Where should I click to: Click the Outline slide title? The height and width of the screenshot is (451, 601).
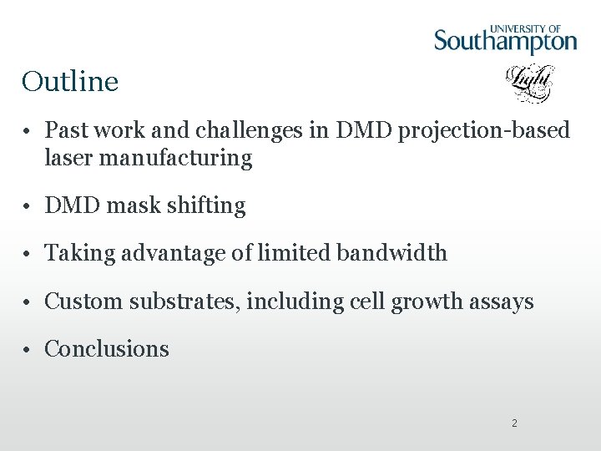pyautogui.click(x=70, y=82)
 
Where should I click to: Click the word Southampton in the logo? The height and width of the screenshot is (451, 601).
pyautogui.click(x=505, y=40)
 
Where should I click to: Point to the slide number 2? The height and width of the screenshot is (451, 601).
pyautogui.click(x=514, y=423)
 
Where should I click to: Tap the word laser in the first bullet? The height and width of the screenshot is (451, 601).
pyautogui.click(x=70, y=158)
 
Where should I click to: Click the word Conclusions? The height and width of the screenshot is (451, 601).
pyautogui.click(x=107, y=349)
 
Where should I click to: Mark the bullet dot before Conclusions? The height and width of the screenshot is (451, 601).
pyautogui.click(x=28, y=350)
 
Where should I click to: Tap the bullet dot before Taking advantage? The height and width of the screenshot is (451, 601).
pyautogui.click(x=28, y=254)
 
